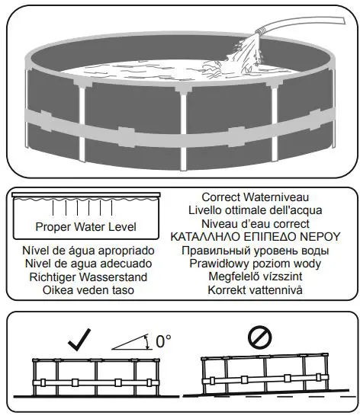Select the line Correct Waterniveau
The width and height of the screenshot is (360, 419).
point(260,197)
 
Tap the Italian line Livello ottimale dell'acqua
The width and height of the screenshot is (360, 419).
point(260,210)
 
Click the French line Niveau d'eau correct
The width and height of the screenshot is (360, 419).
point(260,224)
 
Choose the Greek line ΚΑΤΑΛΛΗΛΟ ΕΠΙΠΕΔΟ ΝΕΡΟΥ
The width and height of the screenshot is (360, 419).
point(260,237)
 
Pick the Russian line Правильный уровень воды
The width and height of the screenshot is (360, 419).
point(260,251)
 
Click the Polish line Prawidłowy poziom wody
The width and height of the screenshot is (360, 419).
point(260,264)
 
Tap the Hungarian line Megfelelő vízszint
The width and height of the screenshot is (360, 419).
point(260,277)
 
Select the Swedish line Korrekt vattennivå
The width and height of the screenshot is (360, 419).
point(260,290)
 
